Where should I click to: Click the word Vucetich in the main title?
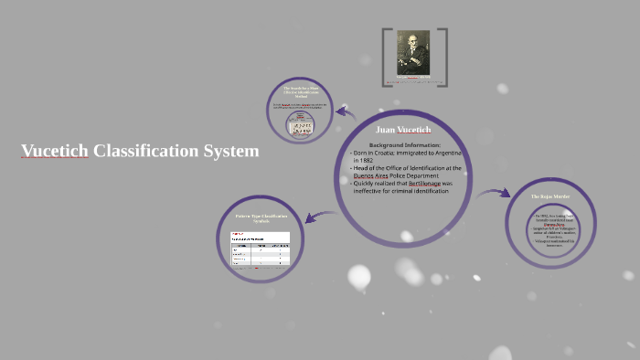[55, 151]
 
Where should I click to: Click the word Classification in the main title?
[146, 151]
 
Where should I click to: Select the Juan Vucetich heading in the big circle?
[402, 130]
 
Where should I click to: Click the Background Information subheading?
[404, 145]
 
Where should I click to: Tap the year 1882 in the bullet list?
[363, 161]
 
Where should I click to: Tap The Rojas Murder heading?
[550, 196]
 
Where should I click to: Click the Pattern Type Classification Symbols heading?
[261, 218]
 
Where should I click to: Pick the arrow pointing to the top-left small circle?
[345, 111]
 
